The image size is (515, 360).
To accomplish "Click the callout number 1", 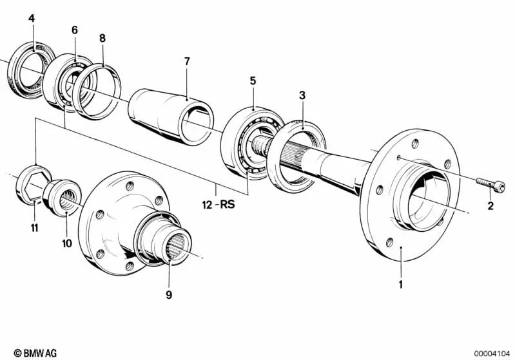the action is pos(400,284).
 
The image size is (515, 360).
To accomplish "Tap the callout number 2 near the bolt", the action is pos(491,206).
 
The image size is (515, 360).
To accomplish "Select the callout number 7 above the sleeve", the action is pos(187,61).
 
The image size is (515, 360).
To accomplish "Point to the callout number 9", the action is pos(169,295).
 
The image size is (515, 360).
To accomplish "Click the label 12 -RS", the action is pos(219,205).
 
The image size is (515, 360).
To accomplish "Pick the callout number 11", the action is pos(35,228).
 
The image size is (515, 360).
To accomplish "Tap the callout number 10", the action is pos(66,243).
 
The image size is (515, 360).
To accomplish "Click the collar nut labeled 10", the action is pos(63,198).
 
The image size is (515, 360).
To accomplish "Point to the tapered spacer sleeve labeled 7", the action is pos(171,117).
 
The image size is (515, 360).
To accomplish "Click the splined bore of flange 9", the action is pos(175,247).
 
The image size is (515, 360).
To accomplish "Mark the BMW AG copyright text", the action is pos(35,353).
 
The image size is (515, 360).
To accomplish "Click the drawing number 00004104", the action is pos(492,354).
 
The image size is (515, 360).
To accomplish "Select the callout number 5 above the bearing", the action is pos(252,81).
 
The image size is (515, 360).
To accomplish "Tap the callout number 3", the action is pos(302,95).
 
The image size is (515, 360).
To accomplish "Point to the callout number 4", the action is pos(32,19).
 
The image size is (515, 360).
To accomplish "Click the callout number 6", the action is pos(75,30).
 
